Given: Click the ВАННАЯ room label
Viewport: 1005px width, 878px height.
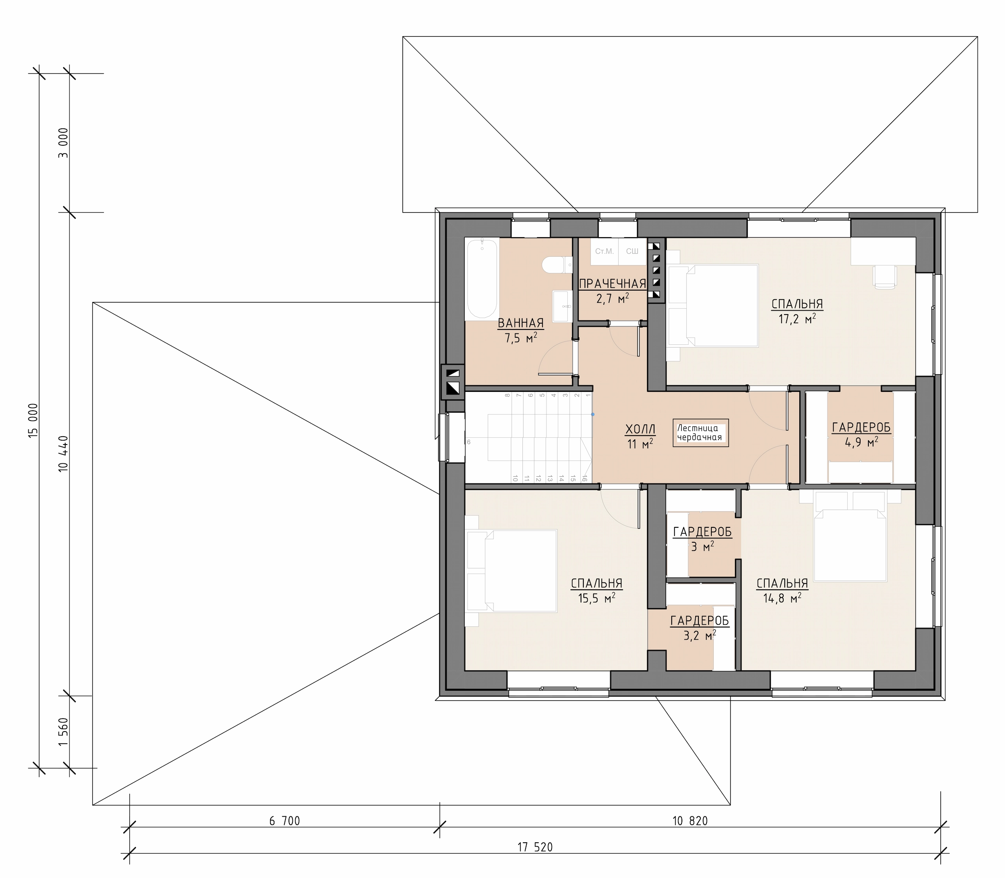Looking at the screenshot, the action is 521,324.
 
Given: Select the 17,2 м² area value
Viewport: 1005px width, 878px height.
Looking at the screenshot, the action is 797,319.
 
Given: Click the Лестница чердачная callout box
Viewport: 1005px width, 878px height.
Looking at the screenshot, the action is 700,433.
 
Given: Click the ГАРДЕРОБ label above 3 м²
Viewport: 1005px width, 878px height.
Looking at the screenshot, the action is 702,532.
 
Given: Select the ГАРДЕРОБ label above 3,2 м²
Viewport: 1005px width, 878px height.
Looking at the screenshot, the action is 700,621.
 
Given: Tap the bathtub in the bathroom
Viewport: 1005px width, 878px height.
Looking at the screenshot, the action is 482,278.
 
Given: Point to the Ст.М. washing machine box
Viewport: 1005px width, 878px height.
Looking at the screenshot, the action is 604,251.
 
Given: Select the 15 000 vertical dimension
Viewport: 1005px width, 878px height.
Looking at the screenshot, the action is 33,421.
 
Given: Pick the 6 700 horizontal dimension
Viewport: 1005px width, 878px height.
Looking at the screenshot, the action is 285,821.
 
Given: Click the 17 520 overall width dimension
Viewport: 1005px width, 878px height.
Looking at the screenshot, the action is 535,847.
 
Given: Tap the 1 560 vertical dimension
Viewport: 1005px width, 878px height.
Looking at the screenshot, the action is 63,732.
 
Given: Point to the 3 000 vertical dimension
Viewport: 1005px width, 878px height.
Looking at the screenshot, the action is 63,143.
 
